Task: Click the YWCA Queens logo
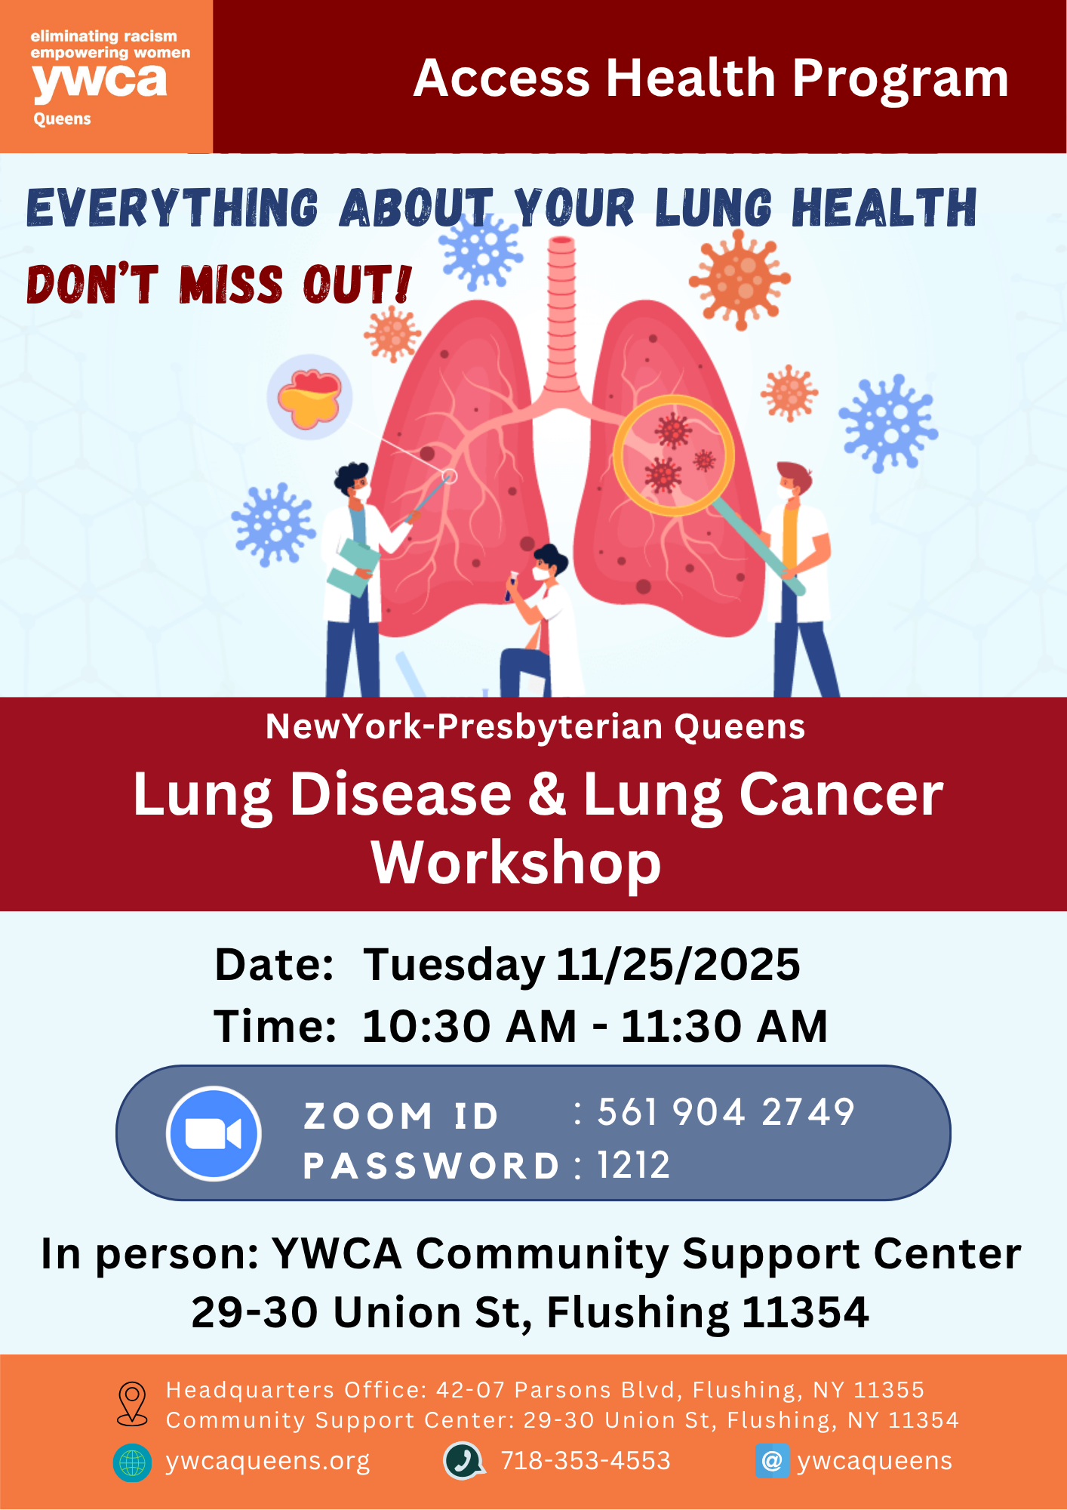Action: pos(106,76)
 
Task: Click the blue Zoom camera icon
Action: pos(214,1133)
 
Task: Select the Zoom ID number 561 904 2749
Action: pos(726,1112)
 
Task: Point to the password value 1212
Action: pos(634,1165)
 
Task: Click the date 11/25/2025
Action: pos(678,964)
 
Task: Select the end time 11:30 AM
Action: pos(724,1027)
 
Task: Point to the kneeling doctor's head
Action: pos(549,562)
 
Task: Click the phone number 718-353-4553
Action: pos(586,1461)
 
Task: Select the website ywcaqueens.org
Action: pos(268,1462)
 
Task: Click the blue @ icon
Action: pos(772,1461)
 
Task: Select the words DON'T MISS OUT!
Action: pos(220,285)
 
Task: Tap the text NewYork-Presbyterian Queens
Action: pos(535,727)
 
